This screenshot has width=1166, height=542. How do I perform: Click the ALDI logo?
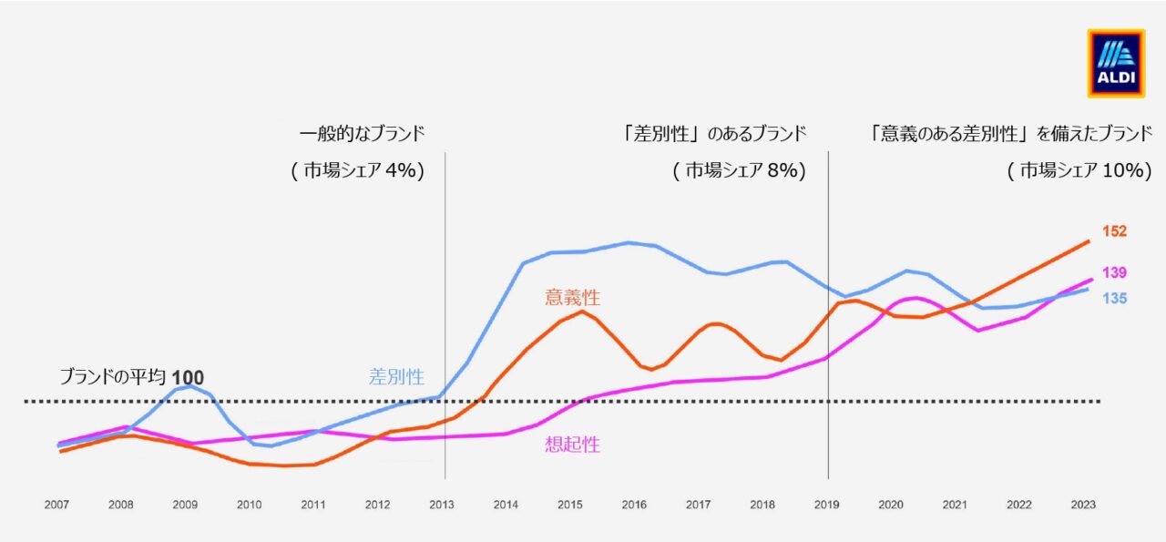(x=1116, y=64)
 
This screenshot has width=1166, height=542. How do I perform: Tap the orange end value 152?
(x=1114, y=231)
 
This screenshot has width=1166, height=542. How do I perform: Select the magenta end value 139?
(x=1114, y=272)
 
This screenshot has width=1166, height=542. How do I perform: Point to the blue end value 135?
(x=1114, y=299)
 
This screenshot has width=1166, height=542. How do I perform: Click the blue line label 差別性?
(x=396, y=376)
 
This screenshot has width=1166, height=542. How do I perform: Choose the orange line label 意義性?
(x=573, y=297)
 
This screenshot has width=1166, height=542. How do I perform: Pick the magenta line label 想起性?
(x=573, y=445)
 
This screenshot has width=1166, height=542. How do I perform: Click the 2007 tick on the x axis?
(x=56, y=505)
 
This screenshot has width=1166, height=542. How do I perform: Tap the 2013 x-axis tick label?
(x=442, y=505)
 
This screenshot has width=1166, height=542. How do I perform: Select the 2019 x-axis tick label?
(x=826, y=505)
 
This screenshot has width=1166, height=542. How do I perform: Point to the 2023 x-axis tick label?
(x=1083, y=505)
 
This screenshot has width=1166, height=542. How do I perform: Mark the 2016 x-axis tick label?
(x=634, y=505)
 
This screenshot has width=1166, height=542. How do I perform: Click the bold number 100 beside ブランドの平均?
(x=188, y=377)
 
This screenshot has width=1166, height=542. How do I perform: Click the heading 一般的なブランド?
(x=363, y=134)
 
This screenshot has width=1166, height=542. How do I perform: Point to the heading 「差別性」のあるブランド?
(x=713, y=134)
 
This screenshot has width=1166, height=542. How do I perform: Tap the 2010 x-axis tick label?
(x=250, y=505)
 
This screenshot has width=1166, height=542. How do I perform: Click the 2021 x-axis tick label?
(x=955, y=505)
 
